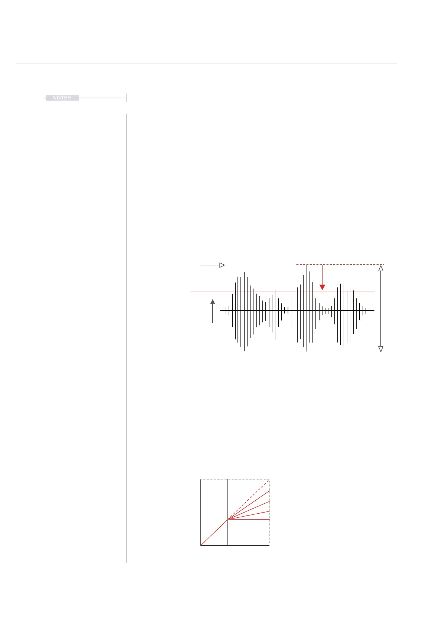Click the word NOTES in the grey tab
tap(62, 98)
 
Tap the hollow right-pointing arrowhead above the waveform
tap(222, 265)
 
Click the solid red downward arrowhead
tap(322, 287)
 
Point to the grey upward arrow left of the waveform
tap(213, 311)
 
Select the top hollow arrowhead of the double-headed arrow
tap(381, 268)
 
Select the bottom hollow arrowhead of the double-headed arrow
tap(381, 349)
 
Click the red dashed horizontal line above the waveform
tap(340, 264)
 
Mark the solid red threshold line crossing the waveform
tap(282, 291)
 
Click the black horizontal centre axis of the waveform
tap(297, 310)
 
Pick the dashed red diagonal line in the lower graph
tap(248, 500)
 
